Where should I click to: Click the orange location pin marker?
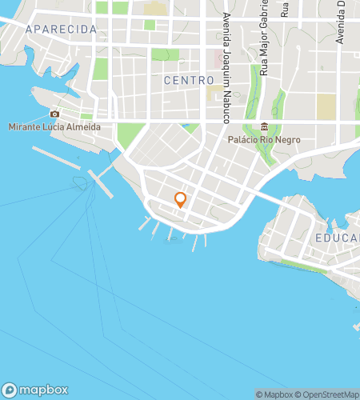181,200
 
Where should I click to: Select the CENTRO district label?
189,80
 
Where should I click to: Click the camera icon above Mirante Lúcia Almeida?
54,114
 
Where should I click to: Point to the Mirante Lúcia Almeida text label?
54,126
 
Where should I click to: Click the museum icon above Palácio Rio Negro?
264,126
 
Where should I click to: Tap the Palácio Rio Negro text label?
264,138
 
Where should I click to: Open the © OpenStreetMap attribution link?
330,394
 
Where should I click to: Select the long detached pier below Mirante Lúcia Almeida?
57,157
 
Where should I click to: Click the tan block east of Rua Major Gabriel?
326,107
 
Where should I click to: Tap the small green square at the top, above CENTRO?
150,25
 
